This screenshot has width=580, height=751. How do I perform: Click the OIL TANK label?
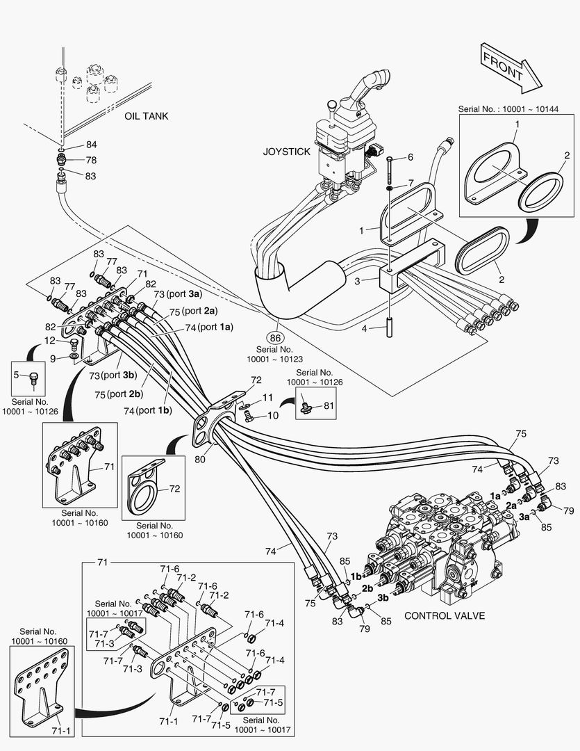(x=147, y=116)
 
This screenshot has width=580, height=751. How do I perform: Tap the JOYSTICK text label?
(x=285, y=152)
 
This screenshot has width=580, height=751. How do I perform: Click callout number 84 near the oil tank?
(x=91, y=145)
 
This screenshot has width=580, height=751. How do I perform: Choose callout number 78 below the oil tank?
(x=91, y=161)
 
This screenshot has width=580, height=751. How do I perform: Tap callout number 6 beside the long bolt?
(x=410, y=158)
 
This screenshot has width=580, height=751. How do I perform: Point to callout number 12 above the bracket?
(x=50, y=341)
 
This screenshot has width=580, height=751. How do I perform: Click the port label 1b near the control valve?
(x=356, y=576)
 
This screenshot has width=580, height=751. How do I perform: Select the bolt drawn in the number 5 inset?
(x=33, y=378)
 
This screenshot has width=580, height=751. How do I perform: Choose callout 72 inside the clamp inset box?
(x=174, y=489)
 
